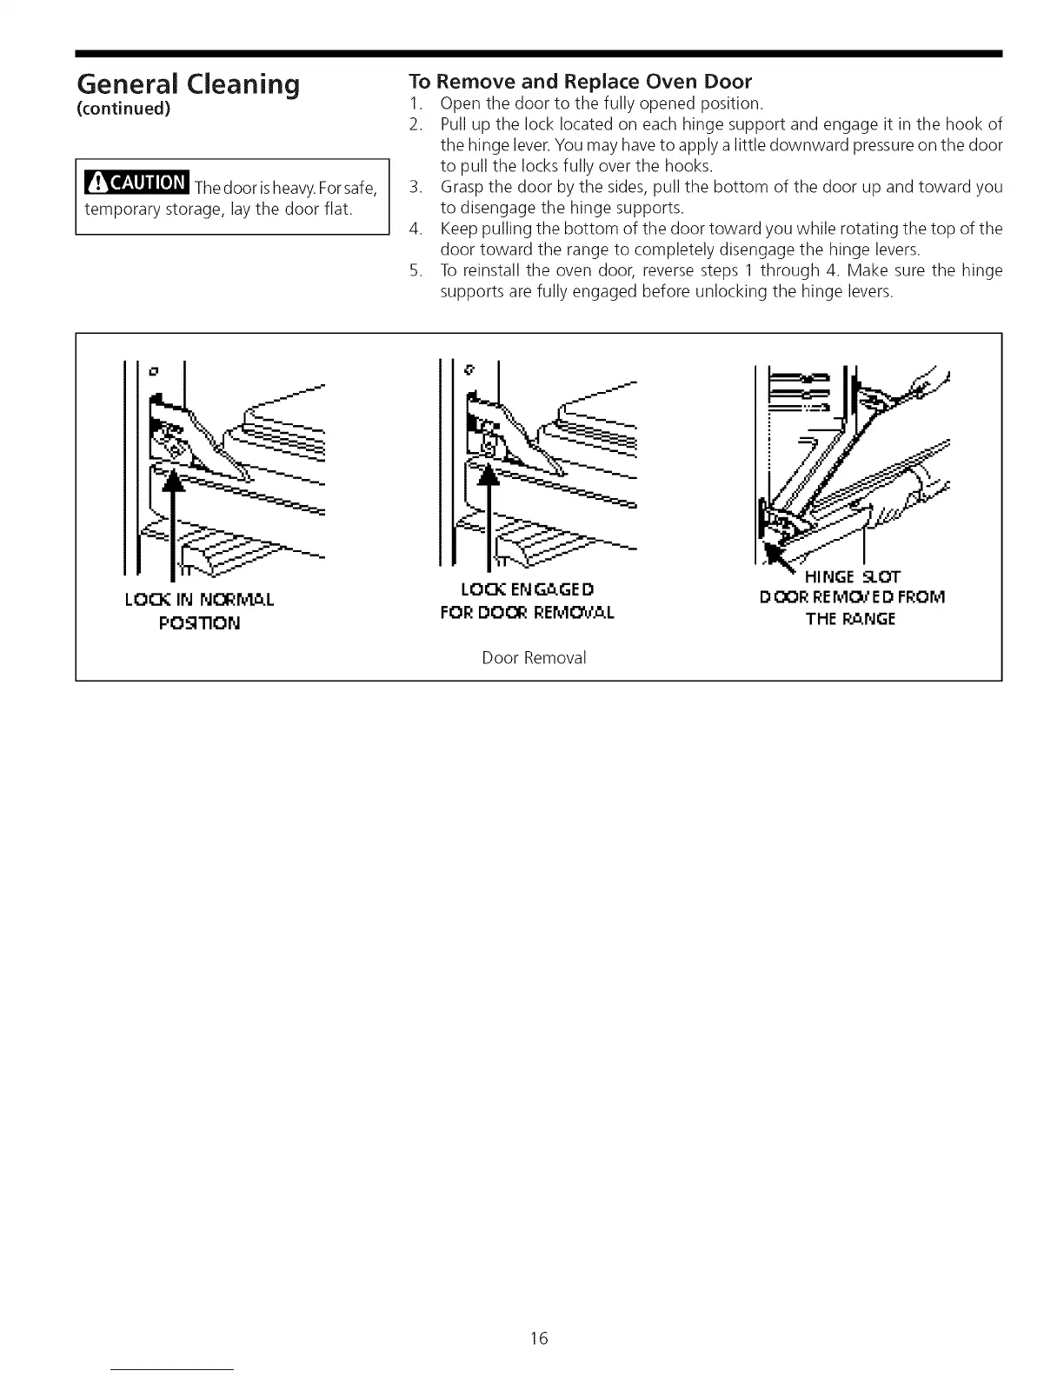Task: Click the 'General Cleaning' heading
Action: tap(188, 84)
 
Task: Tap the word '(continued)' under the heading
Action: tap(123, 110)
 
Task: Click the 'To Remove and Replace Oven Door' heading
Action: tap(580, 82)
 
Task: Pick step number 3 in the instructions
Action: tap(416, 187)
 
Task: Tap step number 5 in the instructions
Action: tap(416, 271)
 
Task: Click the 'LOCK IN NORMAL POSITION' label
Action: tap(200, 610)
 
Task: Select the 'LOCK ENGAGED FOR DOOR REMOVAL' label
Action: tap(527, 600)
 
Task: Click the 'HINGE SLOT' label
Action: tap(853, 576)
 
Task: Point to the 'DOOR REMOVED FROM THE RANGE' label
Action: tap(852, 608)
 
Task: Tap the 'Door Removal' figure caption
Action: tap(534, 658)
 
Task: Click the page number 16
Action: tap(539, 1338)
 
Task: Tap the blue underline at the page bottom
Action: tap(173, 1369)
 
